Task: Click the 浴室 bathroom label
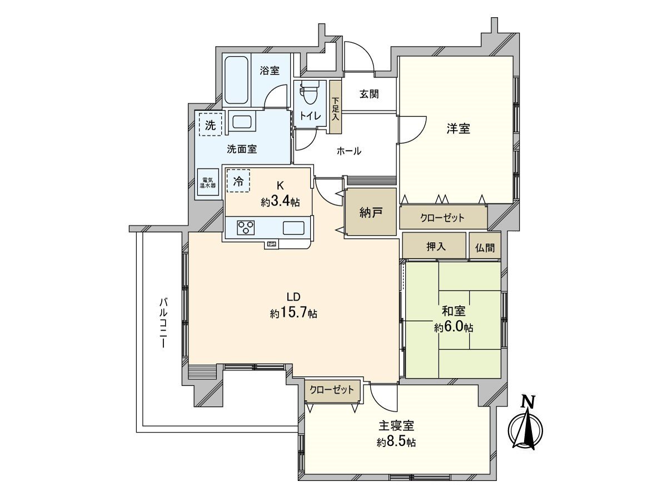click(x=270, y=71)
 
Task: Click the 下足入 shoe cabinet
click(x=335, y=107)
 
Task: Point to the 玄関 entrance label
click(x=369, y=94)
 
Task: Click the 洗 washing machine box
click(x=210, y=125)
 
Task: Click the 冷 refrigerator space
click(x=238, y=181)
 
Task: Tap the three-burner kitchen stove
click(x=246, y=227)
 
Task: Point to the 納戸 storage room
click(x=370, y=212)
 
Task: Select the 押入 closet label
click(x=435, y=245)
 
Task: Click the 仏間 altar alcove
click(x=484, y=245)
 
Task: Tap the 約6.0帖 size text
click(x=453, y=328)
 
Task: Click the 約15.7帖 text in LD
click(x=293, y=313)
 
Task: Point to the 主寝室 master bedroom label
click(x=396, y=426)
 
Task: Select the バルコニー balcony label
click(x=163, y=323)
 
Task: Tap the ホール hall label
click(x=349, y=150)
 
